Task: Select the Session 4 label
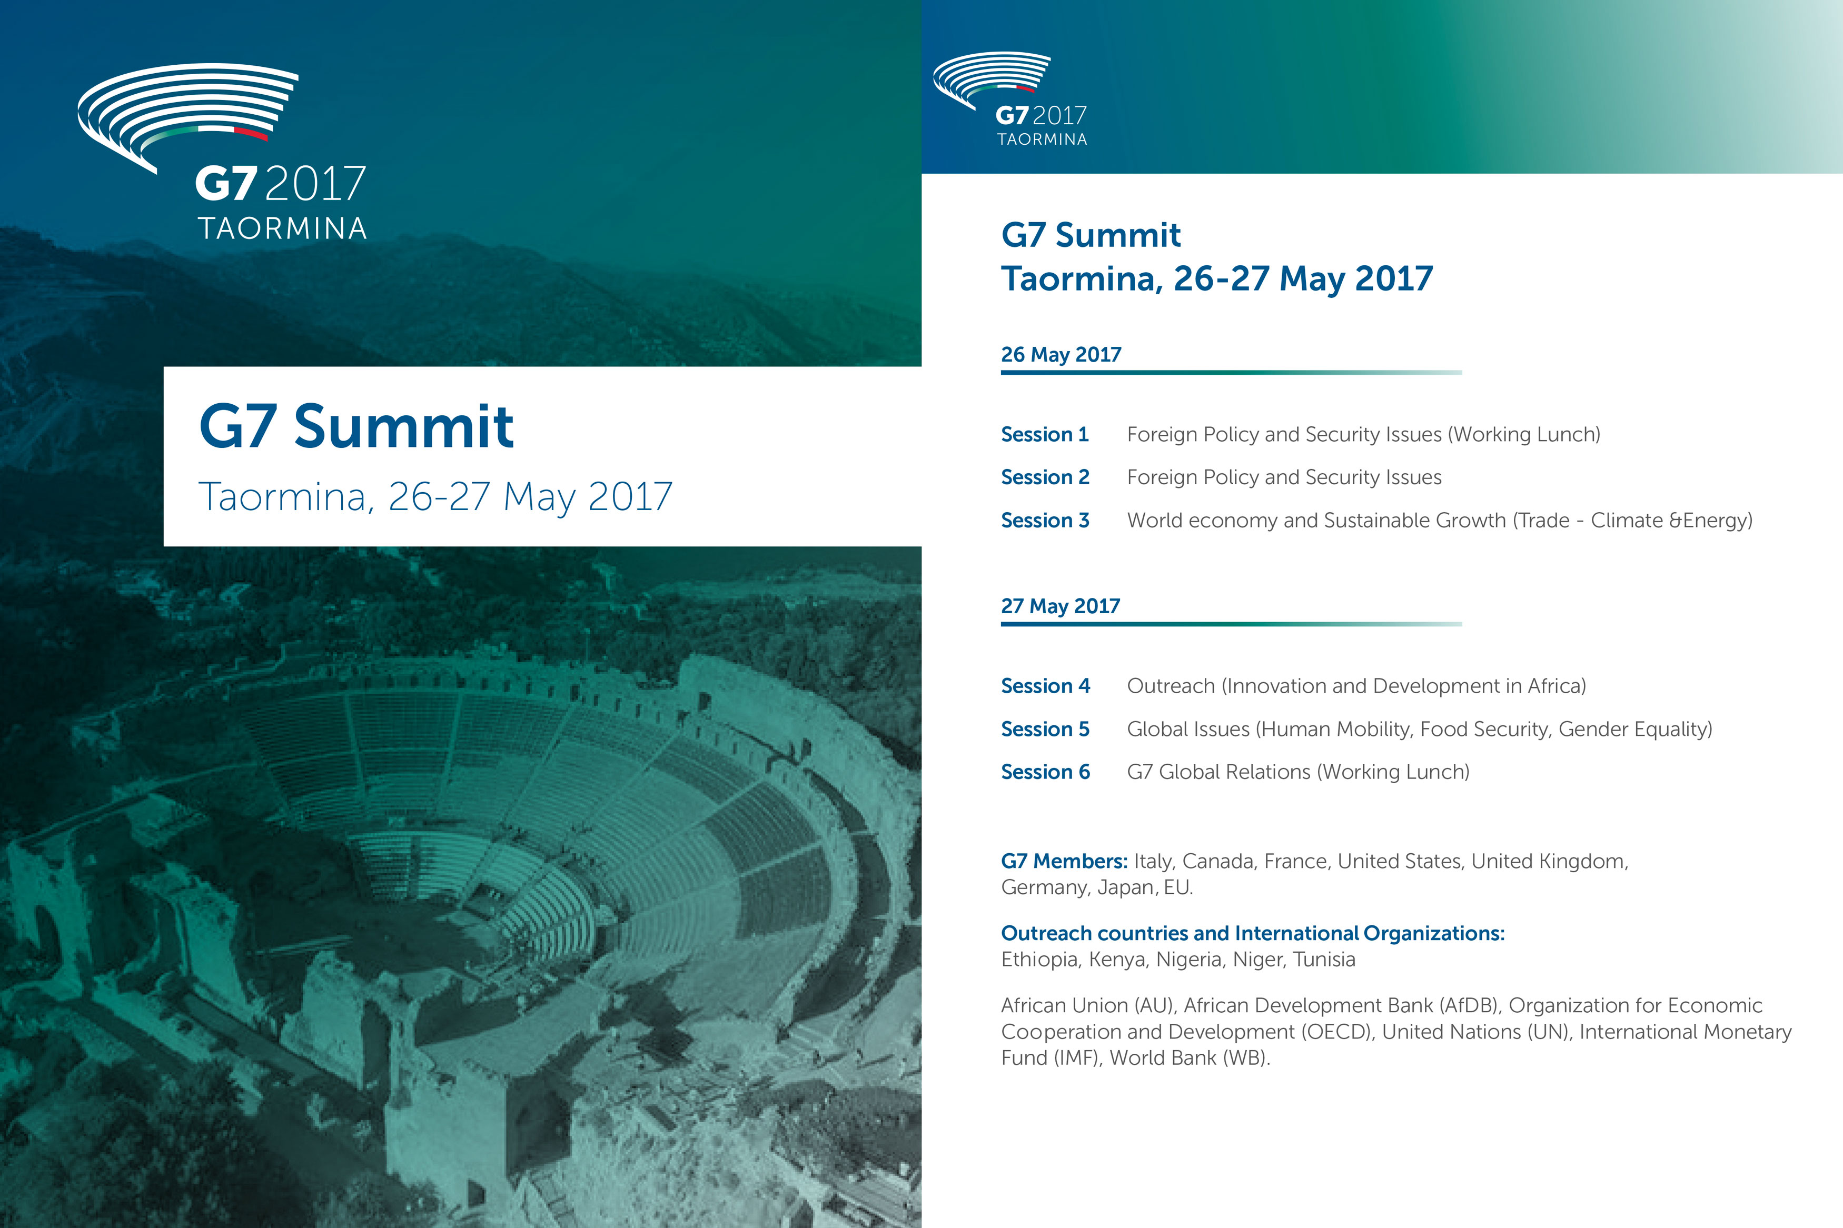coord(1046,685)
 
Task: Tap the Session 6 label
coord(1046,772)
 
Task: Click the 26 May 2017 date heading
coord(1062,354)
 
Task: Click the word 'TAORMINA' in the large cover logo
coord(282,228)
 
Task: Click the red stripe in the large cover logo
coord(251,133)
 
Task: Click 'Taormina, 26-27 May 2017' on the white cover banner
coord(435,496)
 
